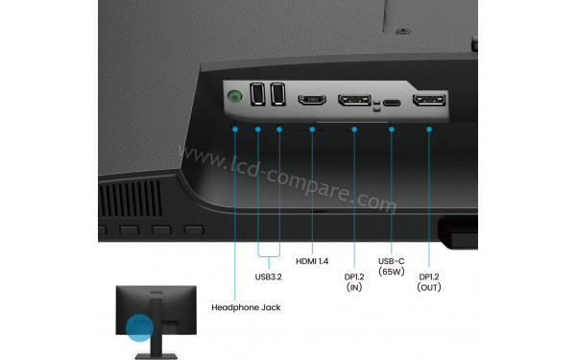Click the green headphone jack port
click(x=235, y=96)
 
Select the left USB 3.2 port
click(x=257, y=95)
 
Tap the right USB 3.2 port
click(x=278, y=95)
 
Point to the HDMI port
click(x=313, y=99)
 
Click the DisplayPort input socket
click(x=353, y=100)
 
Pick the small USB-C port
click(x=392, y=101)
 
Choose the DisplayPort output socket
click(x=428, y=102)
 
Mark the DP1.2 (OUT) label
click(x=428, y=280)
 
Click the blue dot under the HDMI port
click(x=313, y=128)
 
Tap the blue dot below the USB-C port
click(x=392, y=128)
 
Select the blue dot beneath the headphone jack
click(x=235, y=128)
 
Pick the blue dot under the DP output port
click(x=428, y=128)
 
